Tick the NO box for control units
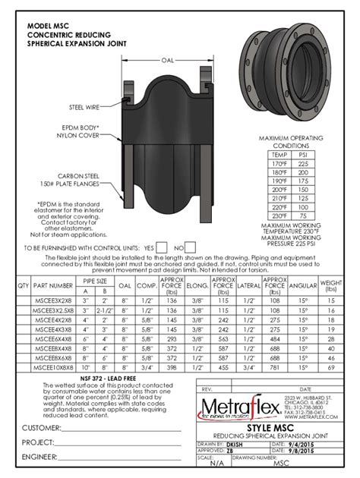[191, 248]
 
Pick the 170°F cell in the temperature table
[277, 162]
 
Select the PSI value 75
[304, 215]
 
